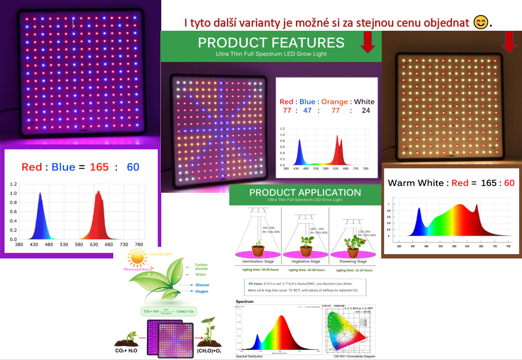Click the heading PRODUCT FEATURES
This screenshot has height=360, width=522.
point(271,42)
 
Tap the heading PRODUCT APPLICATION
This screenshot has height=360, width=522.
point(305,192)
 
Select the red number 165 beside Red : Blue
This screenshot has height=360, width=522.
point(99,167)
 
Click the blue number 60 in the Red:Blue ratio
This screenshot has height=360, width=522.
point(133,167)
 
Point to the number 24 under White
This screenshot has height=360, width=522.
point(366,111)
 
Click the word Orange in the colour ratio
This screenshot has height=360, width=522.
point(335,102)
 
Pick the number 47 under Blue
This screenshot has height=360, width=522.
point(307,111)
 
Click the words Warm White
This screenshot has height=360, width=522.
point(416,183)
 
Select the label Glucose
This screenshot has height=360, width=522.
point(202,285)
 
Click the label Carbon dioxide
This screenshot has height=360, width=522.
point(201,266)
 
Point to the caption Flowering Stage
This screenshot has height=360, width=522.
point(352,262)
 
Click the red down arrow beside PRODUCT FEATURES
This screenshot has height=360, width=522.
point(368,43)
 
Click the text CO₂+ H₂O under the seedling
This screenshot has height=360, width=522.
point(127,350)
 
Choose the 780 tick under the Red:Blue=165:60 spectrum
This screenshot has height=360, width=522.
point(138,244)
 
